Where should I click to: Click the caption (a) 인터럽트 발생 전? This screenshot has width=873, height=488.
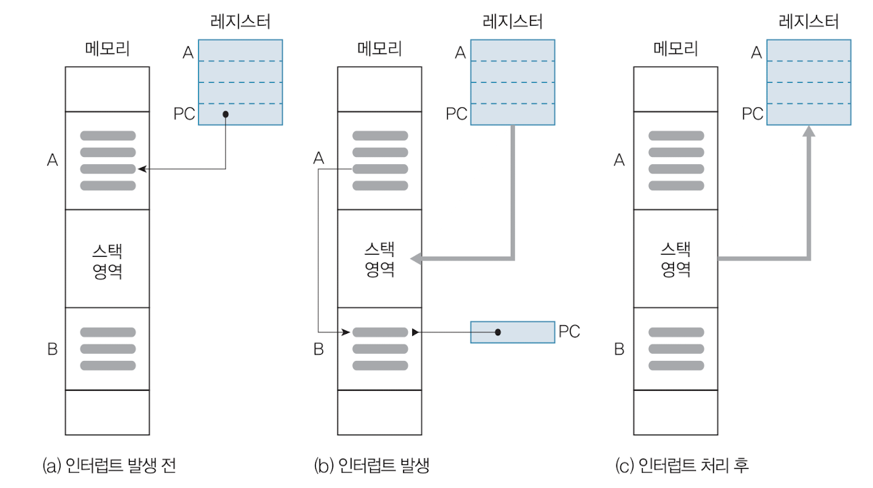(109, 467)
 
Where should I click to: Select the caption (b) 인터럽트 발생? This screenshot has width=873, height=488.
(372, 467)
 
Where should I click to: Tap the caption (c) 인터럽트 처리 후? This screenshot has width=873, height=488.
(682, 467)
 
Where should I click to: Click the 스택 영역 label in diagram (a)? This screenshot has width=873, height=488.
(107, 260)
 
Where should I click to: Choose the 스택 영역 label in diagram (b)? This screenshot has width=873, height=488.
(380, 260)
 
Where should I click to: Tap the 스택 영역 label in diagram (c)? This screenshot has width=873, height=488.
(675, 260)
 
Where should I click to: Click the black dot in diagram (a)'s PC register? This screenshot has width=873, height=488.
(225, 114)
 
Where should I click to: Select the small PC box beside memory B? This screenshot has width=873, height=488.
(512, 332)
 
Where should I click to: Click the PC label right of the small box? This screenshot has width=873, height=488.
(569, 332)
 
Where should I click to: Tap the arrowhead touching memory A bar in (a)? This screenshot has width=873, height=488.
(141, 169)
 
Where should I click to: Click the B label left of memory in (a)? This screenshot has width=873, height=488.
(52, 350)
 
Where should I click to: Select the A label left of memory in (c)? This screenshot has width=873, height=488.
(619, 161)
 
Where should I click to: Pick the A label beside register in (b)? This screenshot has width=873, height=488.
(460, 52)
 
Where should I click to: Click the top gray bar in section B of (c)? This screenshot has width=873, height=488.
(676, 332)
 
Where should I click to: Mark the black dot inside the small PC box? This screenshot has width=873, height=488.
(498, 332)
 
